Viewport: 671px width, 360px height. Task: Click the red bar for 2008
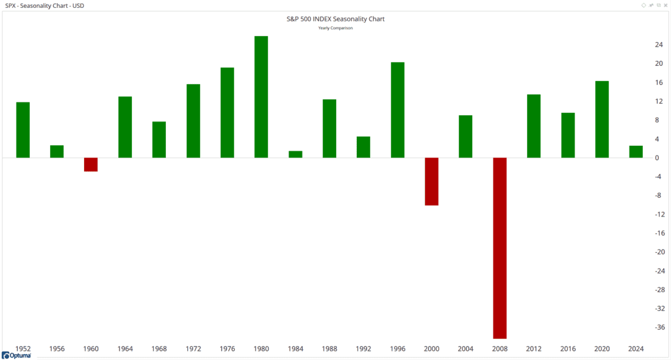(500, 248)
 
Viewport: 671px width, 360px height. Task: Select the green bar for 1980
(261, 97)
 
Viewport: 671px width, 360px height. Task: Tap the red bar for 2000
(431, 181)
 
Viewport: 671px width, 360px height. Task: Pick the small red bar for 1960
(91, 165)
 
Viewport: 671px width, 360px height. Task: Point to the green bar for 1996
(397, 110)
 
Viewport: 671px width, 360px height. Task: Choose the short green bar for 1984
(295, 154)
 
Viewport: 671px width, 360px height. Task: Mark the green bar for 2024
(636, 152)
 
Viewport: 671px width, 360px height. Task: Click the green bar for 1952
(23, 130)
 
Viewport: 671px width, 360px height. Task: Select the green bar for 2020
(601, 120)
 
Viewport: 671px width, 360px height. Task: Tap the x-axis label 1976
(228, 349)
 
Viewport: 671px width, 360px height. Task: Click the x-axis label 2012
(534, 349)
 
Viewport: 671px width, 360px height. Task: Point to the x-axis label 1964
(125, 349)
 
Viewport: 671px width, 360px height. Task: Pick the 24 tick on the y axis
(659, 45)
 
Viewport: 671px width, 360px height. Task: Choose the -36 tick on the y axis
(659, 328)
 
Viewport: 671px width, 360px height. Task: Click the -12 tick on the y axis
(659, 214)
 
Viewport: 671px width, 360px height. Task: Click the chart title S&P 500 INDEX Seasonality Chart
(335, 19)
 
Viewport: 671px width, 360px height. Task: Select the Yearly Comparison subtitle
(335, 28)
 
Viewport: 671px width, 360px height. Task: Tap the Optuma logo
(16, 355)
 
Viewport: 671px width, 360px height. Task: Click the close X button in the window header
(666, 5)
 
